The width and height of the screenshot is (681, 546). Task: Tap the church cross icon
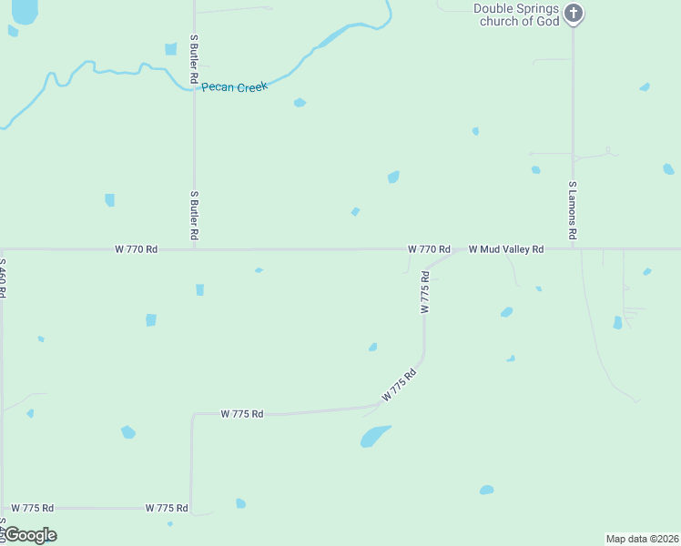(x=574, y=13)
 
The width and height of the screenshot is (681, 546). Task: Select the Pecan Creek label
(x=234, y=87)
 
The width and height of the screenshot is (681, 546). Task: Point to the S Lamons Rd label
(x=573, y=210)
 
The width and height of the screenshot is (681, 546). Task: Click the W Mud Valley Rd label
(x=506, y=248)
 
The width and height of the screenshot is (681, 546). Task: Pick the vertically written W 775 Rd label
(x=424, y=292)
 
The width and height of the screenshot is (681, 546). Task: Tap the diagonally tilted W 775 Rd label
(x=400, y=385)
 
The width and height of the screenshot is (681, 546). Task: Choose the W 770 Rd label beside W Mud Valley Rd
(x=429, y=248)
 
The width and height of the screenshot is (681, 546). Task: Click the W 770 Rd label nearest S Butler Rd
(x=137, y=248)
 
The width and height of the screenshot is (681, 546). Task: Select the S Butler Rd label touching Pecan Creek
(x=194, y=60)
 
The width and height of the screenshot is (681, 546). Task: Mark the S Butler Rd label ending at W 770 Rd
(x=194, y=216)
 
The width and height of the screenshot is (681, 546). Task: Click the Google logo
(x=29, y=534)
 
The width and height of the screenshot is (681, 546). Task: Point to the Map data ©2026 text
(x=643, y=538)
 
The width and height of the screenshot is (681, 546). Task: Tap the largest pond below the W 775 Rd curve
(x=374, y=437)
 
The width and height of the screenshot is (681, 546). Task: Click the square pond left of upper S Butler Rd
(x=170, y=49)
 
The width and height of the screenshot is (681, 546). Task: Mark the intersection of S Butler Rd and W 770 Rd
(x=194, y=248)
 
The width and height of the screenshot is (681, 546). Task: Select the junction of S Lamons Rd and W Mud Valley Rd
(x=573, y=248)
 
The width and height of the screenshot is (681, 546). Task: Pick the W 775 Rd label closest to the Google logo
(x=34, y=508)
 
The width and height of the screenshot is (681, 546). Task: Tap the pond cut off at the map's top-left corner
(x=25, y=11)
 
